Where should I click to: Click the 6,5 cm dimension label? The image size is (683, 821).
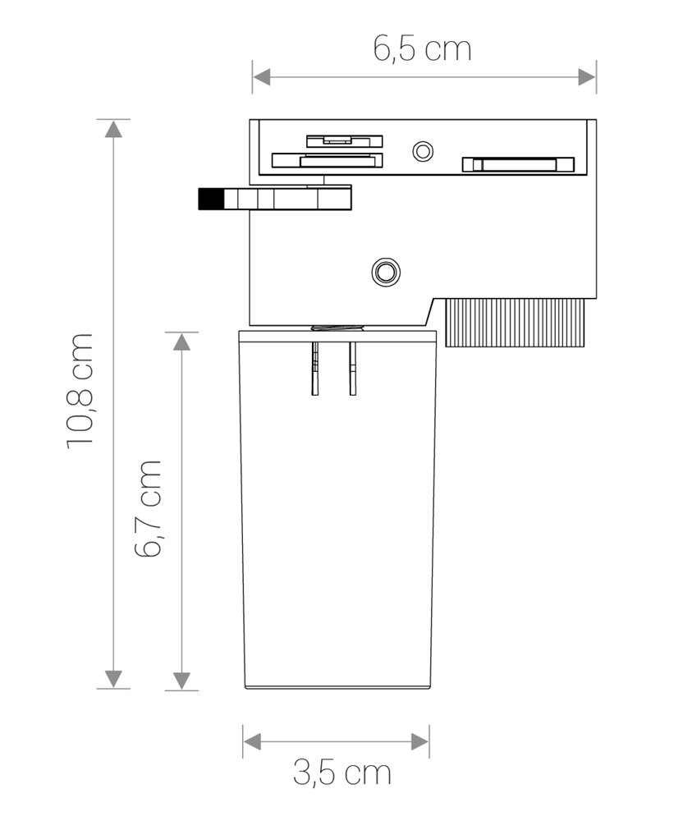pyautogui.click(x=422, y=48)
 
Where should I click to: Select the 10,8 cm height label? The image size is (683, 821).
pyautogui.click(x=80, y=391)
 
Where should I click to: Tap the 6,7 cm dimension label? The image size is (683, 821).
pyautogui.click(x=148, y=508)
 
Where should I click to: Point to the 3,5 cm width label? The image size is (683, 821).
pyautogui.click(x=341, y=773)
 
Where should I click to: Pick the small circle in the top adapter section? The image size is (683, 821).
pyautogui.click(x=423, y=151)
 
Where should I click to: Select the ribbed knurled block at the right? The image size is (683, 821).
pyautogui.click(x=515, y=322)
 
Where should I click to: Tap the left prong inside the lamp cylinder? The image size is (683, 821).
pyautogui.click(x=315, y=368)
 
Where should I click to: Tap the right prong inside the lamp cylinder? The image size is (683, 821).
pyautogui.click(x=353, y=368)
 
